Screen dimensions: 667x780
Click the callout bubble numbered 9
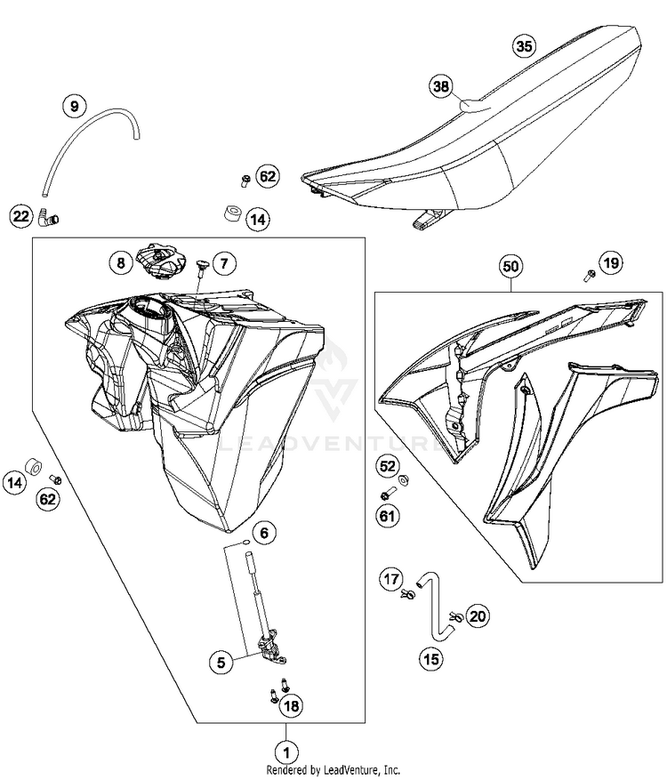coord(75,107)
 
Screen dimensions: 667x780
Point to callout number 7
coord(223,263)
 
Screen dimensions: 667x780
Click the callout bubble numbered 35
coord(524,47)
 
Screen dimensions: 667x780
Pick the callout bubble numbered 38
coord(440,86)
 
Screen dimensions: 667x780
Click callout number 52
coord(387,466)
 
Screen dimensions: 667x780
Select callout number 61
coord(387,514)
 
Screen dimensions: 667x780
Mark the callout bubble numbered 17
coord(392,580)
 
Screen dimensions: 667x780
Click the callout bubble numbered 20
coord(478,615)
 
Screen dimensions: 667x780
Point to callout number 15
coord(431,659)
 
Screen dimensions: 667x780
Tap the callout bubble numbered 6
coord(263,534)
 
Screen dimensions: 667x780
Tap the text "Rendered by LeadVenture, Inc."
coord(333,770)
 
